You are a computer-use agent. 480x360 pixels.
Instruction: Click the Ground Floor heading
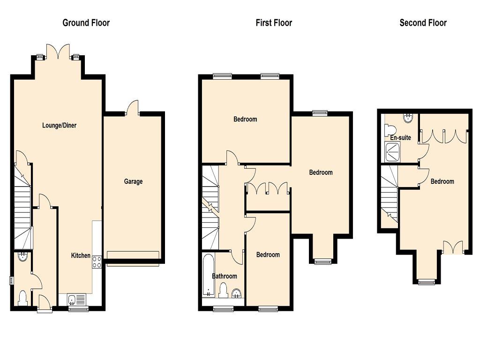86,23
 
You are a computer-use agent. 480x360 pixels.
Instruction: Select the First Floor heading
274,23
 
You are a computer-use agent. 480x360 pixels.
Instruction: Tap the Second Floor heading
423,23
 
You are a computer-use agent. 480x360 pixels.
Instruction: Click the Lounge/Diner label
60,125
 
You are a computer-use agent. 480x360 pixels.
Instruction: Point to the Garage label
134,181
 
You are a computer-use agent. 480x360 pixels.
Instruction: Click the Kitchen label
81,255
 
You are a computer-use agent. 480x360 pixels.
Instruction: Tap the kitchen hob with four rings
97,262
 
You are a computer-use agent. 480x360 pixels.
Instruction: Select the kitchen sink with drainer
77,300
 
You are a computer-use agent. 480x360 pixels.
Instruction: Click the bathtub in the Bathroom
209,275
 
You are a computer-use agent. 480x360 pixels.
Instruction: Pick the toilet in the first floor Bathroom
223,290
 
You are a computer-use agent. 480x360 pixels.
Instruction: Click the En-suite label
400,138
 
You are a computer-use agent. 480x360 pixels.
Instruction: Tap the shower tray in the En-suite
392,152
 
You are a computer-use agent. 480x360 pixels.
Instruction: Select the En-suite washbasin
408,118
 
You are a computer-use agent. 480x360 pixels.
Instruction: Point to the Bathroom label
225,276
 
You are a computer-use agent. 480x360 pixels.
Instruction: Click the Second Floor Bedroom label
442,181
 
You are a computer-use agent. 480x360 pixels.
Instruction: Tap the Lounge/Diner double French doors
58,52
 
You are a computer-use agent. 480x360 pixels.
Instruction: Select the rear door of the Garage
132,107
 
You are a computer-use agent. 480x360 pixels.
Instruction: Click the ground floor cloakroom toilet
23,298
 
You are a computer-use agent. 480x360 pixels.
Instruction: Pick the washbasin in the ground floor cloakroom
23,256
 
